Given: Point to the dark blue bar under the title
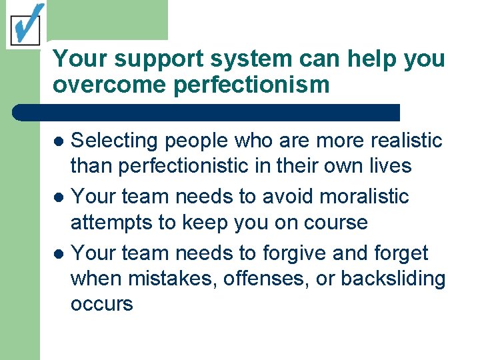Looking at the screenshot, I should [207, 112].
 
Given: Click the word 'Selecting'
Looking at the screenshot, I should [115, 141].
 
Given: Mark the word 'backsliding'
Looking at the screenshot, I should [393, 278].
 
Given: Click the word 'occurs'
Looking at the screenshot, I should [101, 303].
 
